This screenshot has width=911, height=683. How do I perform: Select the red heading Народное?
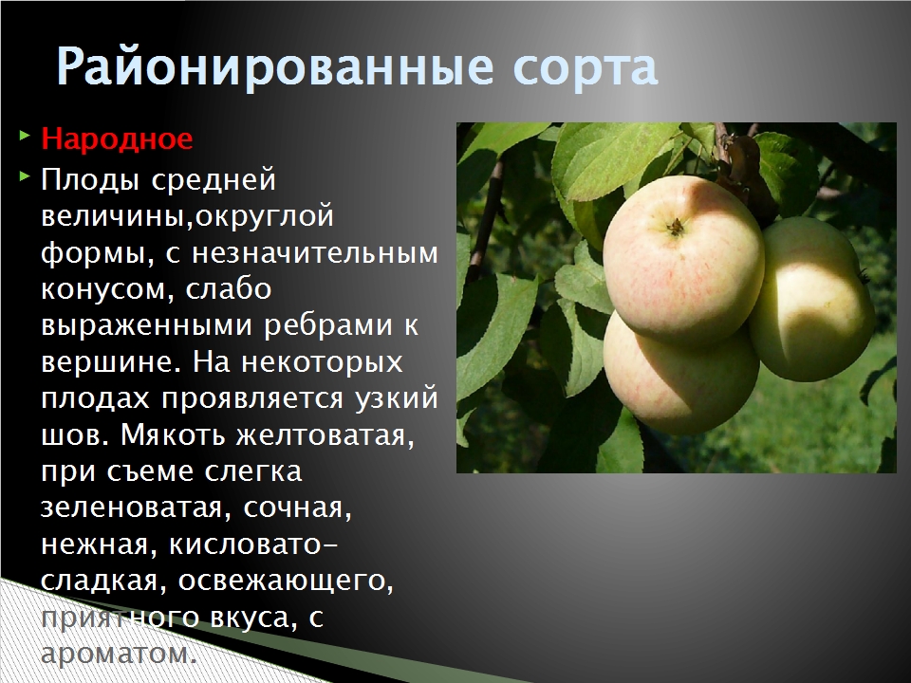pyautogui.click(x=117, y=138)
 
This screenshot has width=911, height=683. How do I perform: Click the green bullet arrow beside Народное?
pyautogui.click(x=24, y=137)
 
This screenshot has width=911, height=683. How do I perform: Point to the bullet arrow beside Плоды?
pyautogui.click(x=24, y=176)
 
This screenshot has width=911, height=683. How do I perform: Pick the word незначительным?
pyautogui.click(x=314, y=253)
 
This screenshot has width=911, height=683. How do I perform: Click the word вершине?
pyautogui.click(x=107, y=363)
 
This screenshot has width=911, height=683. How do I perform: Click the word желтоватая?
pyautogui.click(x=325, y=436)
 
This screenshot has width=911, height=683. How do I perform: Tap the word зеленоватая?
pyautogui.click(x=132, y=508)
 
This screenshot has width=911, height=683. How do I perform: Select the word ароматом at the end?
pyautogui.click(x=116, y=655)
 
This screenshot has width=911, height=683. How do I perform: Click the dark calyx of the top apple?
pyautogui.click(x=675, y=227)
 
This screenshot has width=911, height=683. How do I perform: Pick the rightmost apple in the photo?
pyautogui.click(x=811, y=299)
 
